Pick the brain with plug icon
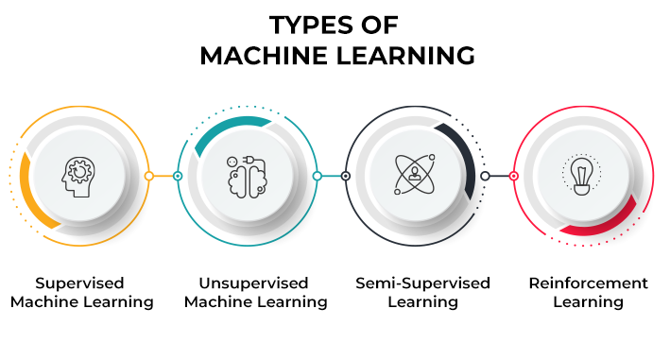247,175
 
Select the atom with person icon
413,175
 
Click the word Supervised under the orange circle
79,283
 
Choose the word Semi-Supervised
422,283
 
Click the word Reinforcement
588,283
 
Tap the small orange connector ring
148,176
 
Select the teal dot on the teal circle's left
177,176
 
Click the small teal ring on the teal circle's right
317,176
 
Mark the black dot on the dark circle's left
345,176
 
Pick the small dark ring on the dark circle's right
485,176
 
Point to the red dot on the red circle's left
513,176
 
